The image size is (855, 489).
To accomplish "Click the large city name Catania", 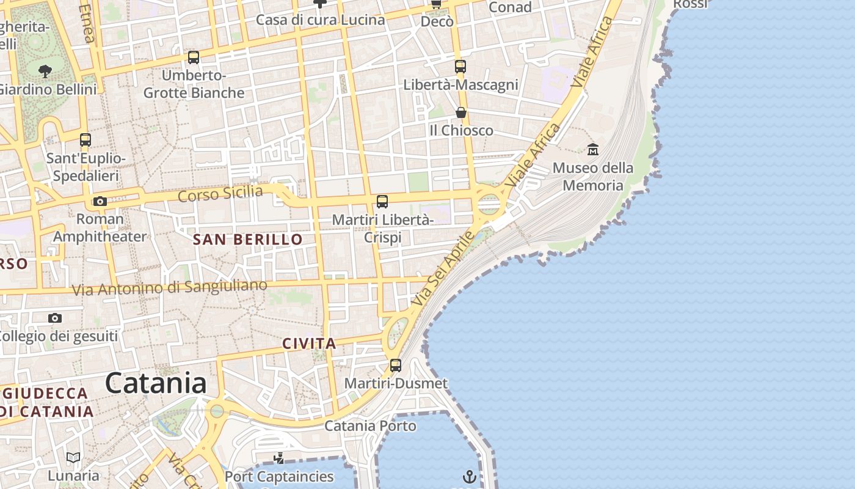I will pos(156,383).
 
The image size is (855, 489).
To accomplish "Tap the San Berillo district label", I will pos(248,240).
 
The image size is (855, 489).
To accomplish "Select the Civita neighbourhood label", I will pos(309,344).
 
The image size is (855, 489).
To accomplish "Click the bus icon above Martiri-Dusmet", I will pos(396,366).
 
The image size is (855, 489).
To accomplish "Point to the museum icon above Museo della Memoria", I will pos(592,149).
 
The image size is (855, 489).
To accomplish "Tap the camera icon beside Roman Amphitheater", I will pos(100,201).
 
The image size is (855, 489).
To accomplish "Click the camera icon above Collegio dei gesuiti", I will pos(55,318).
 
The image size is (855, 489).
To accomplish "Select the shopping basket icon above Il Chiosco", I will pos(461,112).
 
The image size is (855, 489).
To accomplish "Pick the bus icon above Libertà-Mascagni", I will pos(460,67).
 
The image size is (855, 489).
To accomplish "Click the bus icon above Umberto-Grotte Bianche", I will pos(194,57).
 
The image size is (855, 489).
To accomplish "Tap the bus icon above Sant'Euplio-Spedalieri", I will pos(85,140).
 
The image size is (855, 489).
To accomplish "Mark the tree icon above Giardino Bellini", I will pos(45,71).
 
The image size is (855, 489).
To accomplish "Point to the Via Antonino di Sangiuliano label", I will pos(170,287).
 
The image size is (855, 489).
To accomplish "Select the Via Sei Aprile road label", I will pos(443,269).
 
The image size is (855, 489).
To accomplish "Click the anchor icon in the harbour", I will pos(469,477).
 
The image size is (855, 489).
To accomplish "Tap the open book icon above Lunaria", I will pos(73,457).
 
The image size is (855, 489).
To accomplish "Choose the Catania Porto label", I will pos(370,425).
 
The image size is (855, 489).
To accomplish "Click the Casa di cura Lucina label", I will pos(321,20).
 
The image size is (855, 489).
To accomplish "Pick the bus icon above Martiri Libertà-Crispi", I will pos(382,202).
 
